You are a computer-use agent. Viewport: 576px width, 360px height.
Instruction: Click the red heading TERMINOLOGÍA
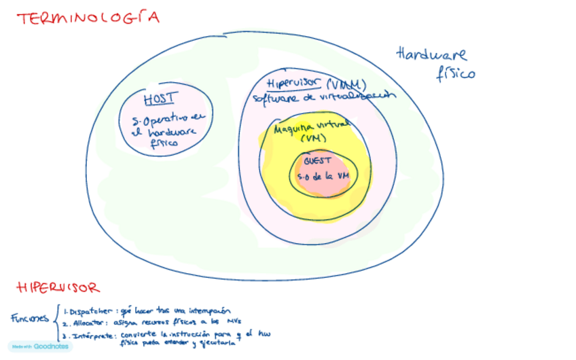[88, 18]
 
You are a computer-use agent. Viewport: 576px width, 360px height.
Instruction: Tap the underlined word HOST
[160, 98]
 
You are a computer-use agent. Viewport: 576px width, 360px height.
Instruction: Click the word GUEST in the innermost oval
[317, 161]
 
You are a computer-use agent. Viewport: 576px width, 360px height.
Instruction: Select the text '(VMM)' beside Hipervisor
[346, 84]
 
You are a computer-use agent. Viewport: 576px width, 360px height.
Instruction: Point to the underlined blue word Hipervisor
[294, 84]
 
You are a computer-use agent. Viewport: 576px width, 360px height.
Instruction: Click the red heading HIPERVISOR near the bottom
[58, 287]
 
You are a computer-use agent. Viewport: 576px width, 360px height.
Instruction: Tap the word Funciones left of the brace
[31, 318]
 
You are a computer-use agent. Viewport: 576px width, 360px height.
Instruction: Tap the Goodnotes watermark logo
[40, 346]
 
